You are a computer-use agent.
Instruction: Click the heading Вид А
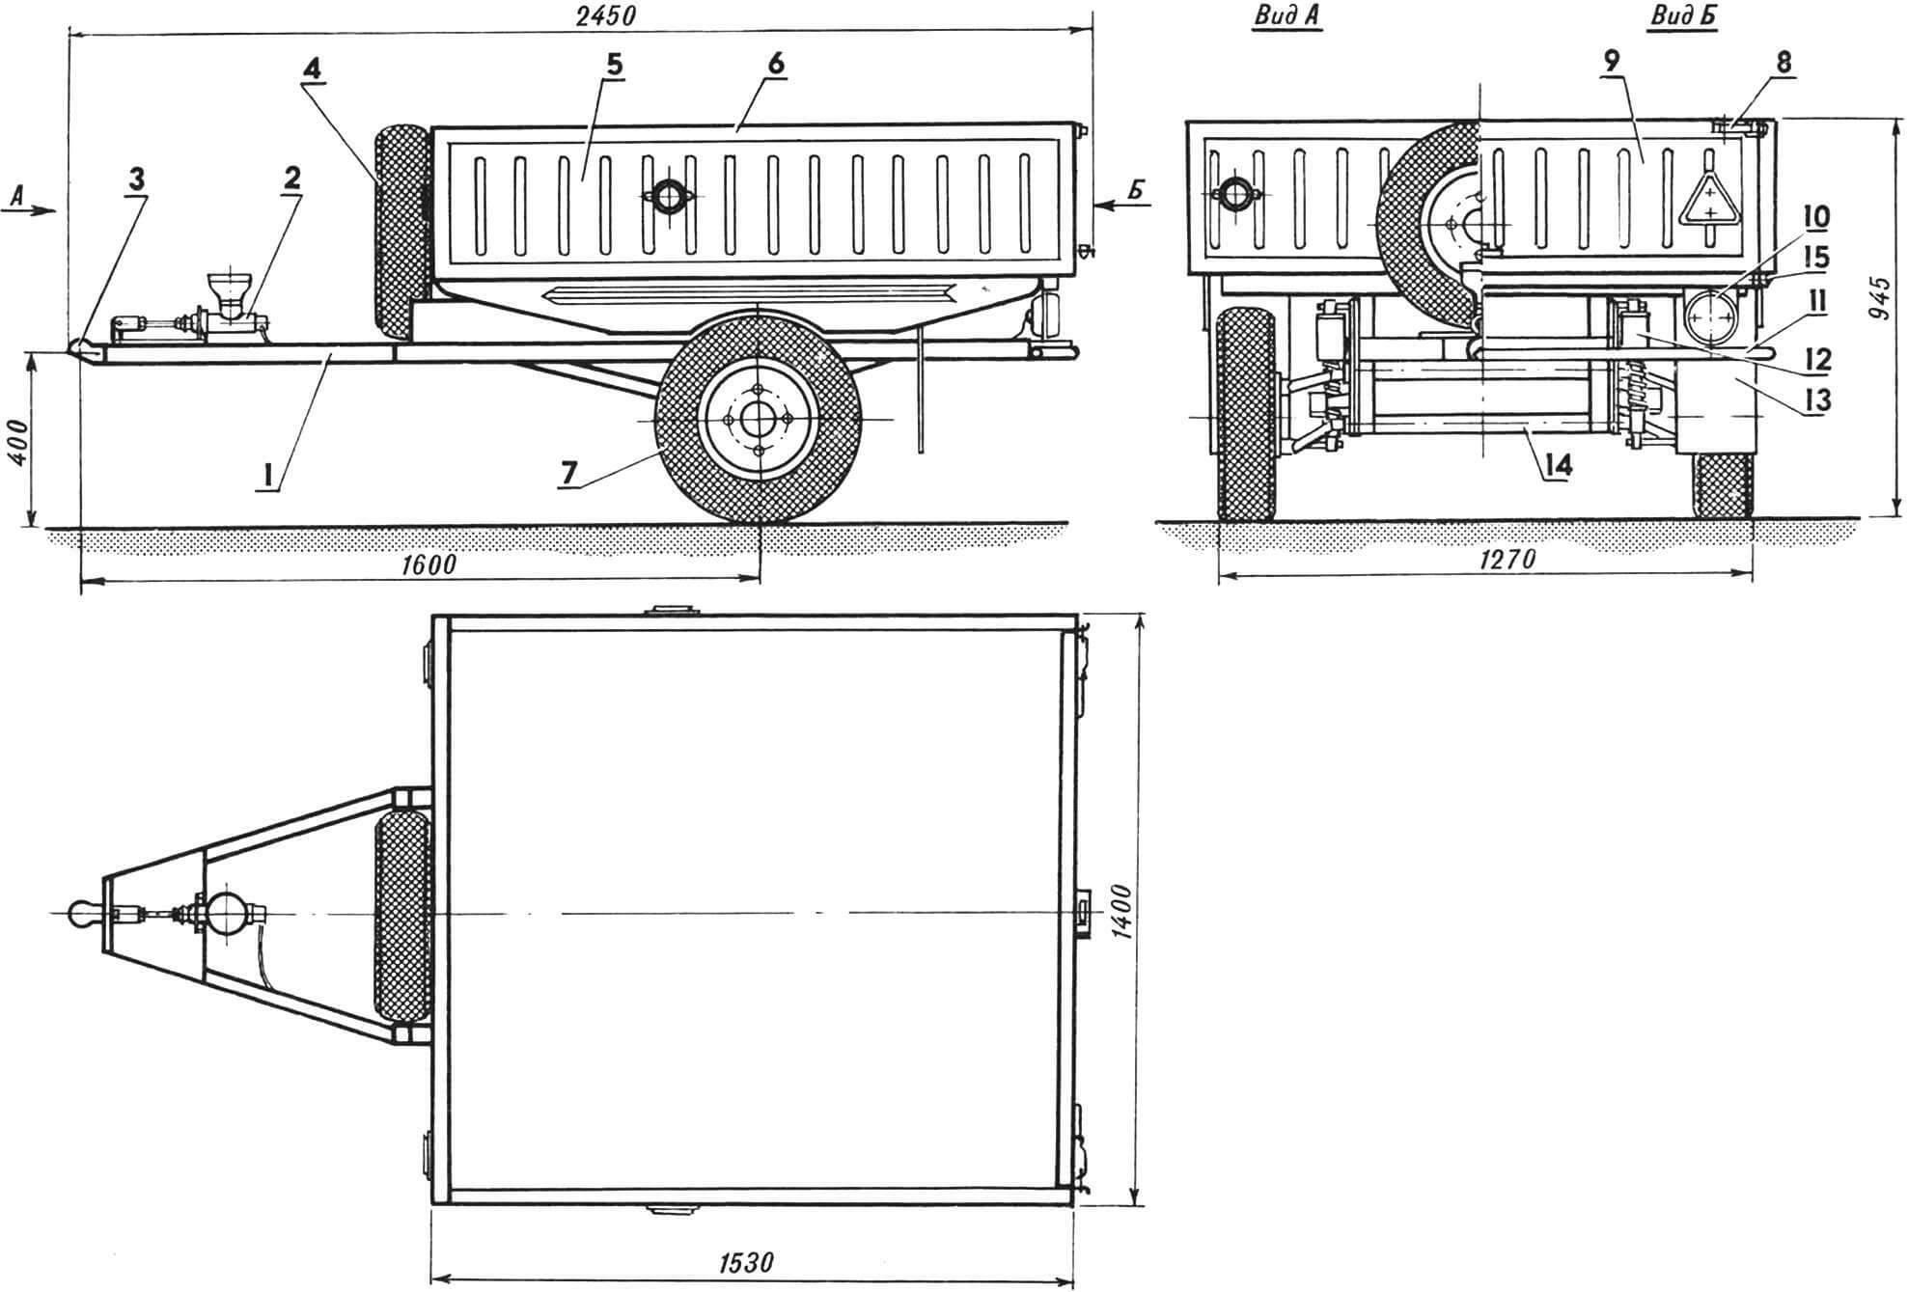click(1288, 16)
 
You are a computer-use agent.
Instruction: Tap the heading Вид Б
click(1683, 16)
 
